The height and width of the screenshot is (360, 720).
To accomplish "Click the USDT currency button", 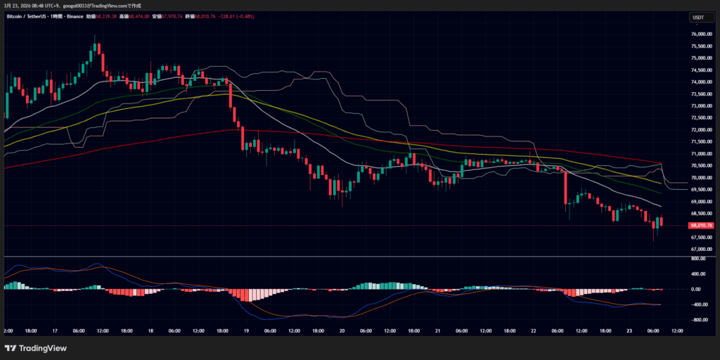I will coord(698,18).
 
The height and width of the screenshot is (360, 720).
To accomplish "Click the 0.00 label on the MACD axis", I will coord(697,289).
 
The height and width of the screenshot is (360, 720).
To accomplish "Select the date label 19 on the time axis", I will coord(246,330).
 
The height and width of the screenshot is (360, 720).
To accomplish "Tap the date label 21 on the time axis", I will coord(437,330).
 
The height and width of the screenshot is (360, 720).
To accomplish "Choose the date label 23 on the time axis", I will coord(629,330).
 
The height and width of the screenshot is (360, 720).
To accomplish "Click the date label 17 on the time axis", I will coord(54,330).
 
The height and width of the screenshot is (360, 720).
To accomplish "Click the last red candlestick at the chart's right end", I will coord(661,221).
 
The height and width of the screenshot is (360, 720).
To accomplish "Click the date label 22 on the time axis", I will coord(533,330).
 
